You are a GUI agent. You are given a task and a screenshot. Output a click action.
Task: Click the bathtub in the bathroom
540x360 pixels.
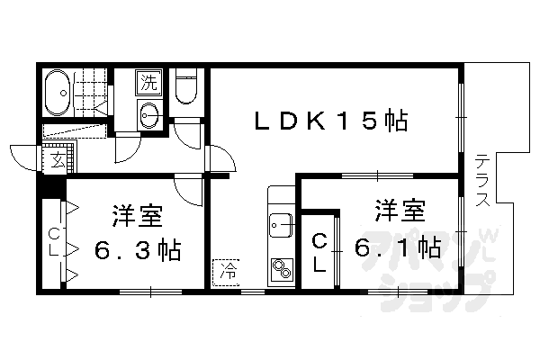[x=61, y=93]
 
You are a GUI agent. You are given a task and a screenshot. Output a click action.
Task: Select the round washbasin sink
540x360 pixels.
[x=149, y=114]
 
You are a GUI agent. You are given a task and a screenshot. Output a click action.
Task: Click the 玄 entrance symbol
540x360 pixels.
[x=57, y=162]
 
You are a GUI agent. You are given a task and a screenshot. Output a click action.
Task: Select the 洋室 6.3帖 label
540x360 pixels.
[x=138, y=232]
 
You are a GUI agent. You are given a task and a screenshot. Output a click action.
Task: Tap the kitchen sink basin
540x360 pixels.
[x=281, y=221]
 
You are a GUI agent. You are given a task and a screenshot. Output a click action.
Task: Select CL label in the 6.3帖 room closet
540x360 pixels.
[x=54, y=243]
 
